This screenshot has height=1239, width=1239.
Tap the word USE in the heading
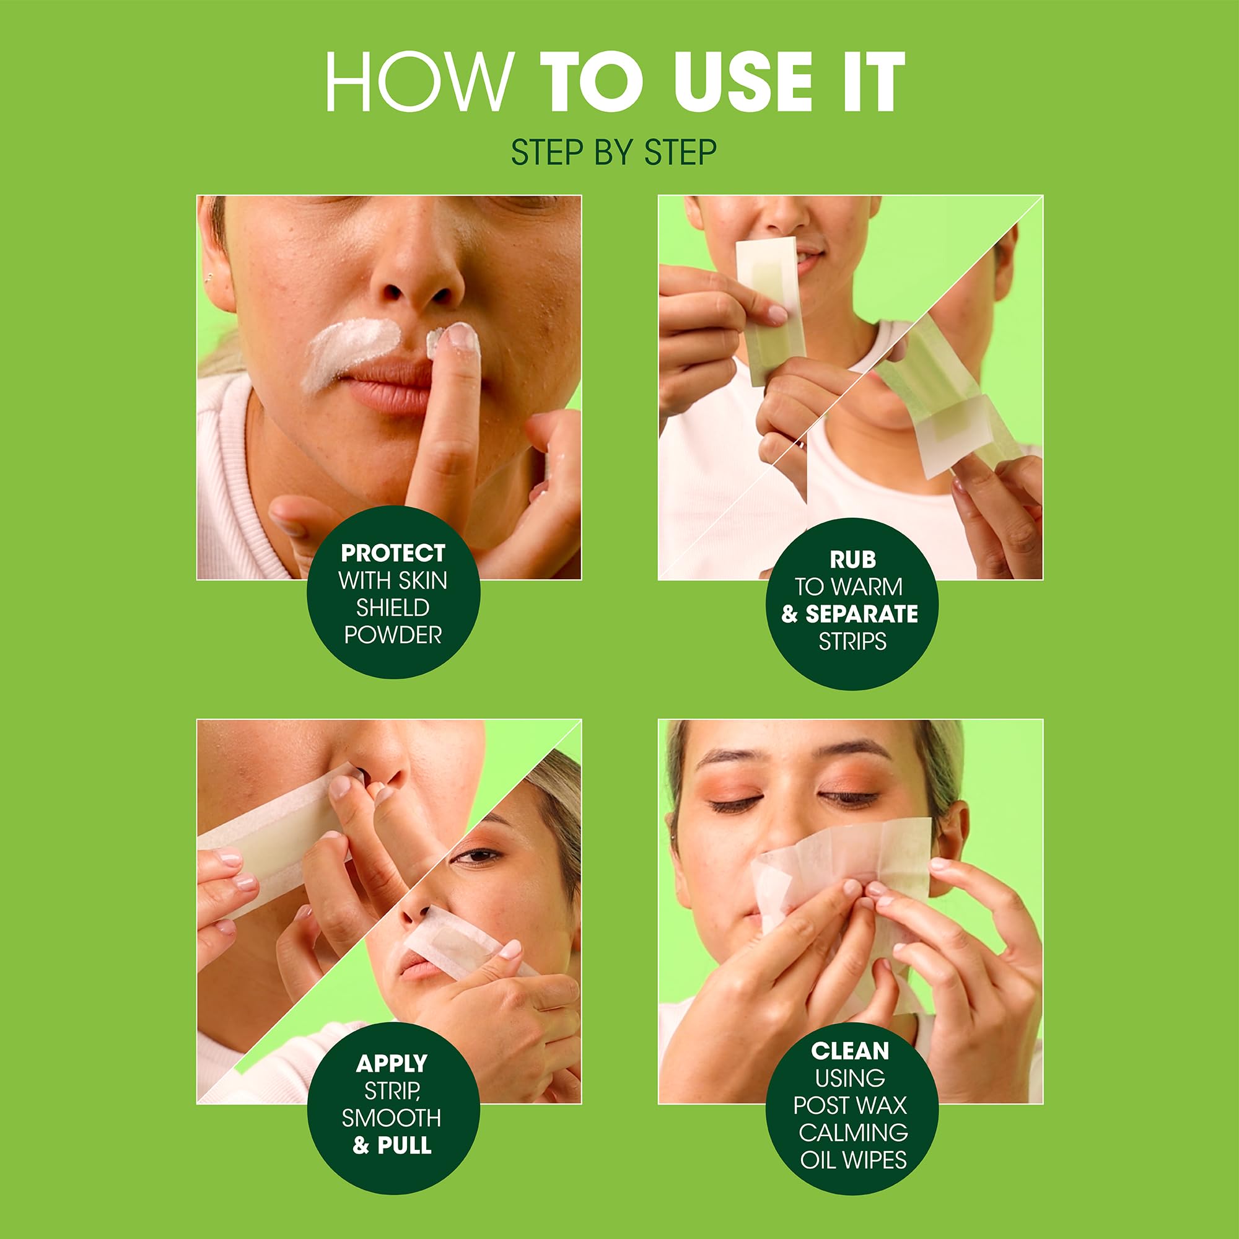click(x=743, y=83)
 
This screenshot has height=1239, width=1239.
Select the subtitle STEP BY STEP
click(x=614, y=152)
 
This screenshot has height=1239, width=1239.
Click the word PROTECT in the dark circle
click(x=393, y=553)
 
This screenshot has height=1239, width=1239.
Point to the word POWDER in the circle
click(x=393, y=635)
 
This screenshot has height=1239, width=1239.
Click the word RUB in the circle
click(x=852, y=560)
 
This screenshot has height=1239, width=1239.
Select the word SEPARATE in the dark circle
click(x=861, y=615)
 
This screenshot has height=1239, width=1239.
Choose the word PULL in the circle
click(x=404, y=1145)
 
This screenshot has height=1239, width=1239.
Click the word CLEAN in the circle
click(x=850, y=1051)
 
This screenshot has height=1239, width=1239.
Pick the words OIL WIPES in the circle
click(x=853, y=1160)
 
